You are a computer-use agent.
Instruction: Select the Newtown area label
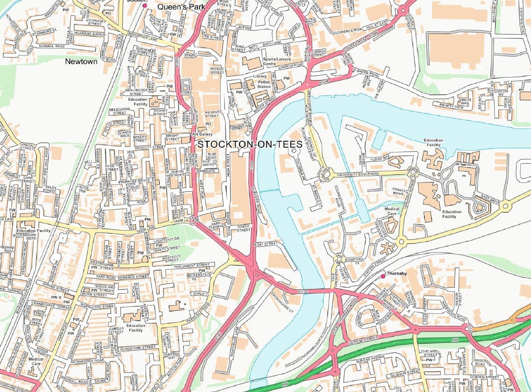[81, 61]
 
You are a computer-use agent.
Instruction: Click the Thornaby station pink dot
[383, 276]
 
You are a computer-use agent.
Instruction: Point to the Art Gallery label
[202, 134]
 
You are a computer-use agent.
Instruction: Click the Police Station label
[264, 84]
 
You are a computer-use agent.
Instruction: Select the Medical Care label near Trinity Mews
[392, 211]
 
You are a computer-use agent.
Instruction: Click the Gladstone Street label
[138, 348]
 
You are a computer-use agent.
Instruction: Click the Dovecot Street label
[151, 147]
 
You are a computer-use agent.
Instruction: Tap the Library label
[260, 76]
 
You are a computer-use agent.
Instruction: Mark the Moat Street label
[265, 244]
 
